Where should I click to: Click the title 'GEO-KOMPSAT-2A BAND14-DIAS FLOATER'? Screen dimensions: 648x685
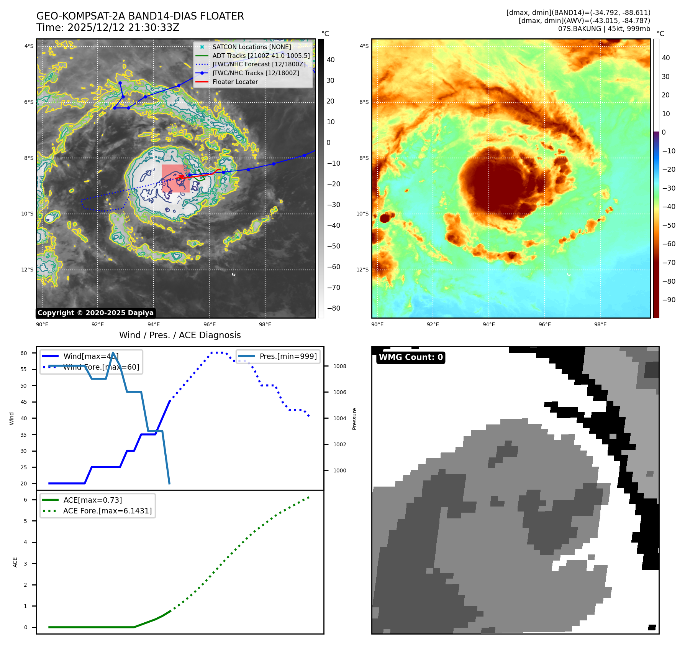pyautogui.click(x=140, y=16)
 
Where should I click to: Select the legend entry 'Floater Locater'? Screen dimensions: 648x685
pyautogui.click(x=235, y=82)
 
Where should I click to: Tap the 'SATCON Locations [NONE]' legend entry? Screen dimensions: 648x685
pyautogui.click(x=251, y=47)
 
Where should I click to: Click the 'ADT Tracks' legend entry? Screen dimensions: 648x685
pyautogui.click(x=261, y=56)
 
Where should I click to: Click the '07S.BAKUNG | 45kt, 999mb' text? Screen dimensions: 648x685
pyautogui.click(x=604, y=29)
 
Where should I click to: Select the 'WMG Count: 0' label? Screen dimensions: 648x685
pyautogui.click(x=410, y=357)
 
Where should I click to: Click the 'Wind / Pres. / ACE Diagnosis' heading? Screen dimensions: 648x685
pyautogui.click(x=180, y=335)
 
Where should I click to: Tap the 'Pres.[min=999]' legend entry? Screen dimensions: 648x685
pyautogui.click(x=288, y=356)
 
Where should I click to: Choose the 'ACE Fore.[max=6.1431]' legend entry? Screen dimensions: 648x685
pyautogui.click(x=107, y=511)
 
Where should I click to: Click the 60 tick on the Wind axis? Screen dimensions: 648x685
pyautogui.click(x=24, y=353)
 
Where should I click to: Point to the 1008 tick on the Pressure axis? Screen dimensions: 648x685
pyautogui.click(x=339, y=366)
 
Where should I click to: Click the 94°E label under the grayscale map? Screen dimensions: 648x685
pyautogui.click(x=154, y=324)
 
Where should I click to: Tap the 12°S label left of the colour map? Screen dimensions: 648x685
pyautogui.click(x=362, y=270)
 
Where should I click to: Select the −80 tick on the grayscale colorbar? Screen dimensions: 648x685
pyautogui.click(x=333, y=308)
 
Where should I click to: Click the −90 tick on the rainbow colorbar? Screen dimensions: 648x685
pyautogui.click(x=669, y=300)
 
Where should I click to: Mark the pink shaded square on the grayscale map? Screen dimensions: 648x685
pyautogui.click(x=175, y=178)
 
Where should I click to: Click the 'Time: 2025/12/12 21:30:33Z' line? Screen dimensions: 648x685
pyautogui.click(x=108, y=28)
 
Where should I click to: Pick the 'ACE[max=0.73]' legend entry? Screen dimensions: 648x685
pyautogui.click(x=92, y=500)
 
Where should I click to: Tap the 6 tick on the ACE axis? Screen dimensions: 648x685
pyautogui.click(x=25, y=500)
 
